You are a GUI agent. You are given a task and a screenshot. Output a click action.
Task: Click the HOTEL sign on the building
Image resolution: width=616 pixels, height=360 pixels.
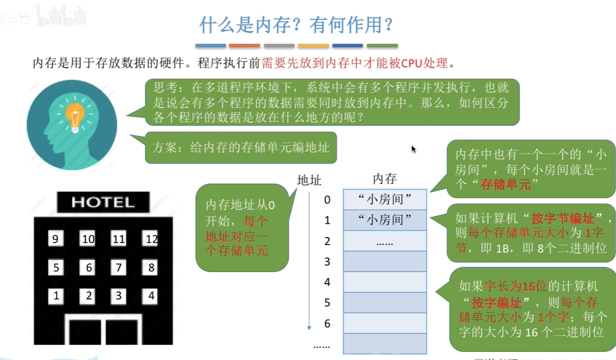coord(103,203)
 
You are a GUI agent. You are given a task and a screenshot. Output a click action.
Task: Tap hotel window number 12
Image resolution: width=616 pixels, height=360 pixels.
coord(151,238)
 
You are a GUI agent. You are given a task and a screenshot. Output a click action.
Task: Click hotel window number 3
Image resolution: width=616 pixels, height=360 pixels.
coord(119,296)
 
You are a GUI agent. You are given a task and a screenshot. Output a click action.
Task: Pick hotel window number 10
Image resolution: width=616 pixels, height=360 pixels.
coord(88,238)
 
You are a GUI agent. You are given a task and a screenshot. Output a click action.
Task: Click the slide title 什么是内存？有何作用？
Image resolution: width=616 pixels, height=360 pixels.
coord(296,25)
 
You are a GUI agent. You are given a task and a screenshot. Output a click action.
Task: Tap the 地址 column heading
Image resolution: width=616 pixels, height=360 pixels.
coord(309,180)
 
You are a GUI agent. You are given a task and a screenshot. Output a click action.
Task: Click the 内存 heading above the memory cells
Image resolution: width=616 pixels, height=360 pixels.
coord(385,179)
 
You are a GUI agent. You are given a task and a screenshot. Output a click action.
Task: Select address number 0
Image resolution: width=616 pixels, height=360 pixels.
coord(327,200)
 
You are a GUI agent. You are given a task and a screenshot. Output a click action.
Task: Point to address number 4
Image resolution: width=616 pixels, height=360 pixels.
coord(327,282)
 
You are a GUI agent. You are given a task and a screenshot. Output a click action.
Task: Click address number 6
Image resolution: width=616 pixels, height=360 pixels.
coord(327,324)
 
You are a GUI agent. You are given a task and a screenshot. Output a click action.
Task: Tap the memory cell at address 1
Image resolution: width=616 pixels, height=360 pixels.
coord(385,220)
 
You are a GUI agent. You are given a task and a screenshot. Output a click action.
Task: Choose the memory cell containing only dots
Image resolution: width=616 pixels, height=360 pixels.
coord(385,241)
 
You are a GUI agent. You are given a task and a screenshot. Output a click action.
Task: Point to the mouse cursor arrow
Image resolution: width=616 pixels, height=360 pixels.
coord(413,148)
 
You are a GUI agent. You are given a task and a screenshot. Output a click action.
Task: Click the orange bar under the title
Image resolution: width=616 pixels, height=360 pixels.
coord(245,46)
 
